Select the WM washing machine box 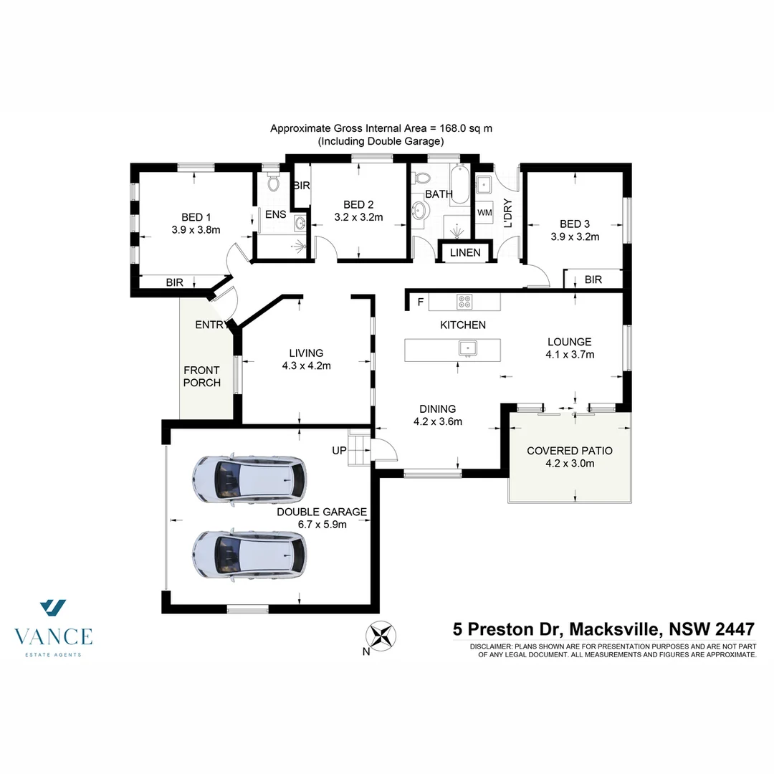[485, 213]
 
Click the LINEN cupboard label [465, 252]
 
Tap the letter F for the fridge [421, 302]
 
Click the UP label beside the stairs [338, 451]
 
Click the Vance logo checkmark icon [53, 608]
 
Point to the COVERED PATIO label [570, 451]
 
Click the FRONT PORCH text [201, 376]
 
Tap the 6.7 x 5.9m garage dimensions [322, 524]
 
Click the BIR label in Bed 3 [593, 279]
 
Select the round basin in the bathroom [421, 210]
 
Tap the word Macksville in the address [616, 629]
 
